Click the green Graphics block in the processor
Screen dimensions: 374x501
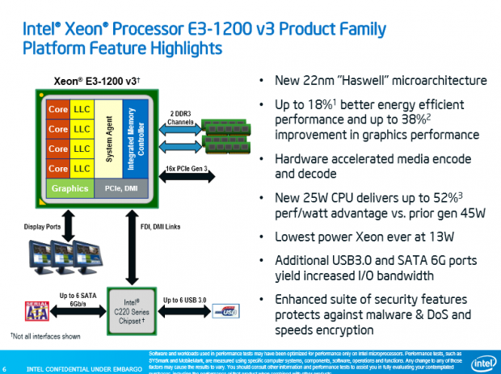tap(69, 189)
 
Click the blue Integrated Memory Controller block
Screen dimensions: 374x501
tap(135, 136)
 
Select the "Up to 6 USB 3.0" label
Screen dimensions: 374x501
tap(187, 299)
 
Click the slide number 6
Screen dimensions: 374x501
tap(7, 370)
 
